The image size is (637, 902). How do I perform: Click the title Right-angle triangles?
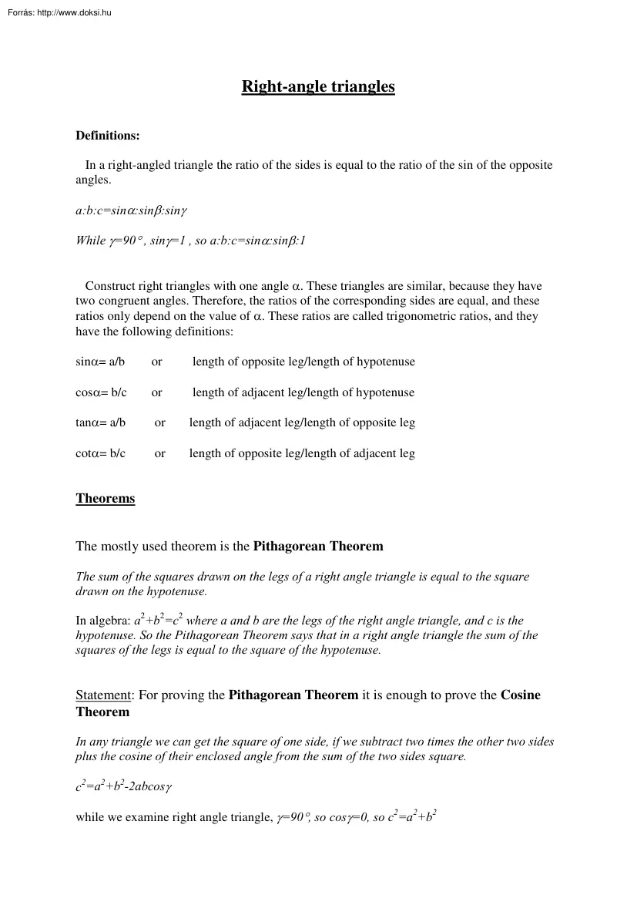(318, 86)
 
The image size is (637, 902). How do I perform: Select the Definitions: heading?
(107, 136)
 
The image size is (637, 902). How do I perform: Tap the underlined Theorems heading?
(105, 499)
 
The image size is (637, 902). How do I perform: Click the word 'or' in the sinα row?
(156, 362)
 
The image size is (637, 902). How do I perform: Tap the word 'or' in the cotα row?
(159, 453)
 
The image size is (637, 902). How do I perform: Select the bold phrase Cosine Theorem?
(521, 695)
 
